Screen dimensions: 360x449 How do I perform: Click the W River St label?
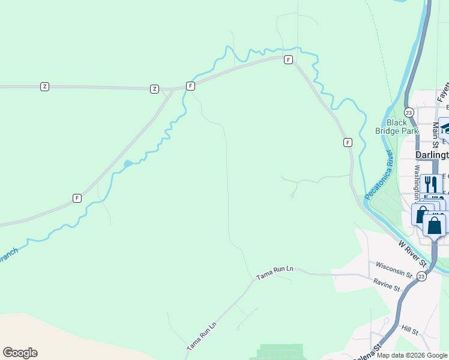tap(413, 254)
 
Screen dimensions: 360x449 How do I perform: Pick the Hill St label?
tap(410, 329)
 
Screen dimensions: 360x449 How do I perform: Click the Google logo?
tap(20, 353)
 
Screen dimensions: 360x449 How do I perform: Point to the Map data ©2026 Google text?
tap(412, 355)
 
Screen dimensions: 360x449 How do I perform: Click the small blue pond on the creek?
tap(128, 163)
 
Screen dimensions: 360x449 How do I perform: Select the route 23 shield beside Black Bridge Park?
tap(409, 112)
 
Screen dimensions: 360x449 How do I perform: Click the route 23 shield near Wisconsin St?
tap(422, 277)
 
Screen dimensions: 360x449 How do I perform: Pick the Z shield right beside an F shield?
tap(154, 89)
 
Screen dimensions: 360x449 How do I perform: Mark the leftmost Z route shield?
tap(44, 86)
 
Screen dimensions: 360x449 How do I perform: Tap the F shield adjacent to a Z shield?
tap(190, 86)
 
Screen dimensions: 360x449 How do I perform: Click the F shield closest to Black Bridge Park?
tap(348, 142)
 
